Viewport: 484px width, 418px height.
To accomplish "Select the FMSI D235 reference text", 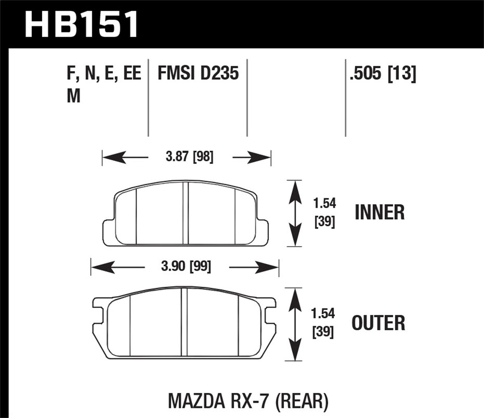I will tap(198, 74).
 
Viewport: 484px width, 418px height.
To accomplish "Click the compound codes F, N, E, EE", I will tap(104, 74).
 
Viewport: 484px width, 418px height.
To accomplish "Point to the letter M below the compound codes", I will tap(74, 96).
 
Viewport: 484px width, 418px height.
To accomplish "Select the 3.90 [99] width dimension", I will tap(186, 267).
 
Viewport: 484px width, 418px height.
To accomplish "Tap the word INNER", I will tap(380, 212).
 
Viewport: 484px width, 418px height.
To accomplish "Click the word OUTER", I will tap(378, 323).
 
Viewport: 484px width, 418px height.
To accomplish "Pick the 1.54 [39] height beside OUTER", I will tap(323, 323).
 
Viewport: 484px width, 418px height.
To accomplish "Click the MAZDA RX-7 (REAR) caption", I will tap(248, 402).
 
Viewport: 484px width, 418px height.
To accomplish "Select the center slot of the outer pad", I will tap(184, 323).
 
